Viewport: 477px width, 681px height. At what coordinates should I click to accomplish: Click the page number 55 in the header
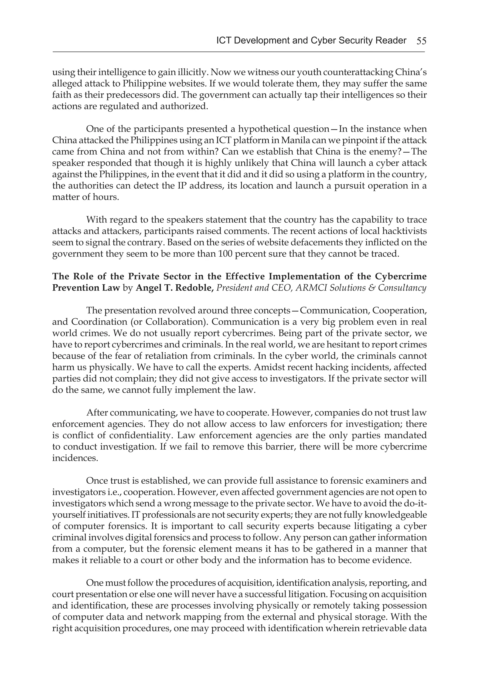[x=421, y=41]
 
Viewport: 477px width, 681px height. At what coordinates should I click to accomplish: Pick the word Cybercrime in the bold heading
[x=401, y=276]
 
